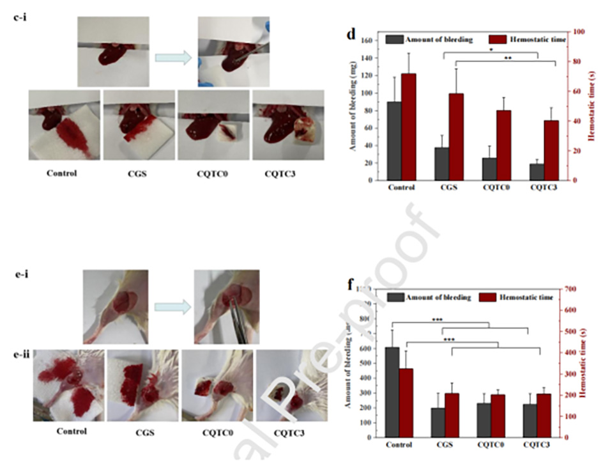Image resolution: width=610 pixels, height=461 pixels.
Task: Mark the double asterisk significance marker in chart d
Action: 508,58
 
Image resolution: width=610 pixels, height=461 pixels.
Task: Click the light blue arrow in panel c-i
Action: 173,58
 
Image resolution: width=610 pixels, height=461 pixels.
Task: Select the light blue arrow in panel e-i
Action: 171,307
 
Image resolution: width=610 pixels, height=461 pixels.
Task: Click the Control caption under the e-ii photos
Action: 71,431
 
